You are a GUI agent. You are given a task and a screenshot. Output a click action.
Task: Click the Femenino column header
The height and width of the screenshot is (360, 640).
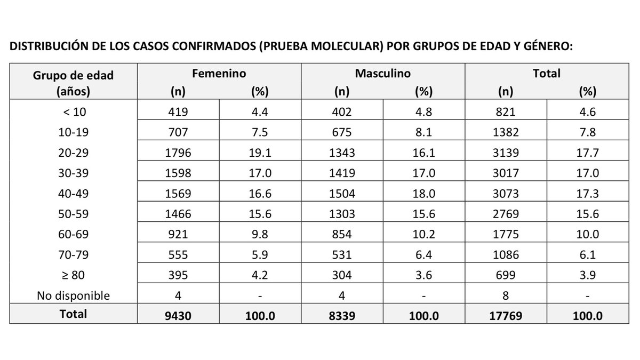[219, 74]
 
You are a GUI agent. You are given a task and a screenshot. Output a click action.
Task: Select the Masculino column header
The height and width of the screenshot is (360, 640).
[382, 74]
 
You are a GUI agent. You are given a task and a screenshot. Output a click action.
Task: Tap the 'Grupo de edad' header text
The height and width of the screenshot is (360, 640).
[74, 75]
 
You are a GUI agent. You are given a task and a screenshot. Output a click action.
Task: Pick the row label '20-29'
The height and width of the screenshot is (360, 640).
[74, 153]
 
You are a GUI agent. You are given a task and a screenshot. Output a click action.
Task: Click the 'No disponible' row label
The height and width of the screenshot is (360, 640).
[74, 295]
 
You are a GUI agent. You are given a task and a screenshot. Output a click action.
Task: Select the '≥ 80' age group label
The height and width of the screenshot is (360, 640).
[74, 275]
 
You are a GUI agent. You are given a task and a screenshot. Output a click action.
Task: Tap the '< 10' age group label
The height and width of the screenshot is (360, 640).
[74, 113]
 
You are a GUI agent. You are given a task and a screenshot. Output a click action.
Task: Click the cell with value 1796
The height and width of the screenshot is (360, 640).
[178, 153]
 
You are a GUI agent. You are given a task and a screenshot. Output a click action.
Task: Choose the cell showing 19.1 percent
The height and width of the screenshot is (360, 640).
[260, 153]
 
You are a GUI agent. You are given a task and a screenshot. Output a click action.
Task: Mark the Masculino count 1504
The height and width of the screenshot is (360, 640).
[341, 194]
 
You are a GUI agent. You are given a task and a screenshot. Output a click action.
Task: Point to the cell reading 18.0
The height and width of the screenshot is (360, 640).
[423, 194]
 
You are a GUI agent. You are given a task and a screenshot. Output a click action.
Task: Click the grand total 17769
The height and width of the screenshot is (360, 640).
[505, 315]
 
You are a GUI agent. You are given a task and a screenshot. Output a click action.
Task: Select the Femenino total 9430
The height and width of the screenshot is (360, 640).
[178, 315]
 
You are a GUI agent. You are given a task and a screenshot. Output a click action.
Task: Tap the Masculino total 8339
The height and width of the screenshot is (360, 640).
[341, 315]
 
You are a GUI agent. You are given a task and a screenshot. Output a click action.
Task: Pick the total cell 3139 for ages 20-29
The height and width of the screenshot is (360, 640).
[505, 153]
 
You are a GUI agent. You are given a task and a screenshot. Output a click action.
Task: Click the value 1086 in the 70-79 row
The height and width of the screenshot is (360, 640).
[505, 254]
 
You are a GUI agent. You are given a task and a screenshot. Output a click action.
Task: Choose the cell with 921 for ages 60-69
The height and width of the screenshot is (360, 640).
[178, 234]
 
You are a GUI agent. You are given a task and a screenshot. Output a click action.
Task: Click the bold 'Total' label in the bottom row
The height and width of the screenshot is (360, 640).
[74, 314]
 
